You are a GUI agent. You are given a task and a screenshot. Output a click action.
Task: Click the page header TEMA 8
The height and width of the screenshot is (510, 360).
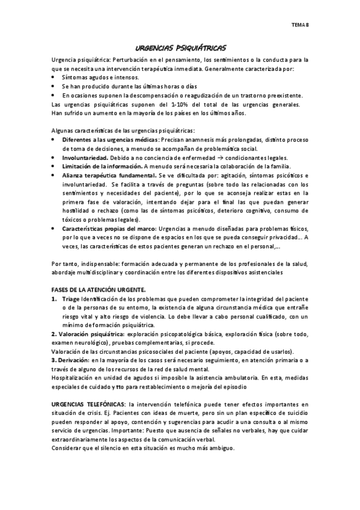[300, 25]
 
